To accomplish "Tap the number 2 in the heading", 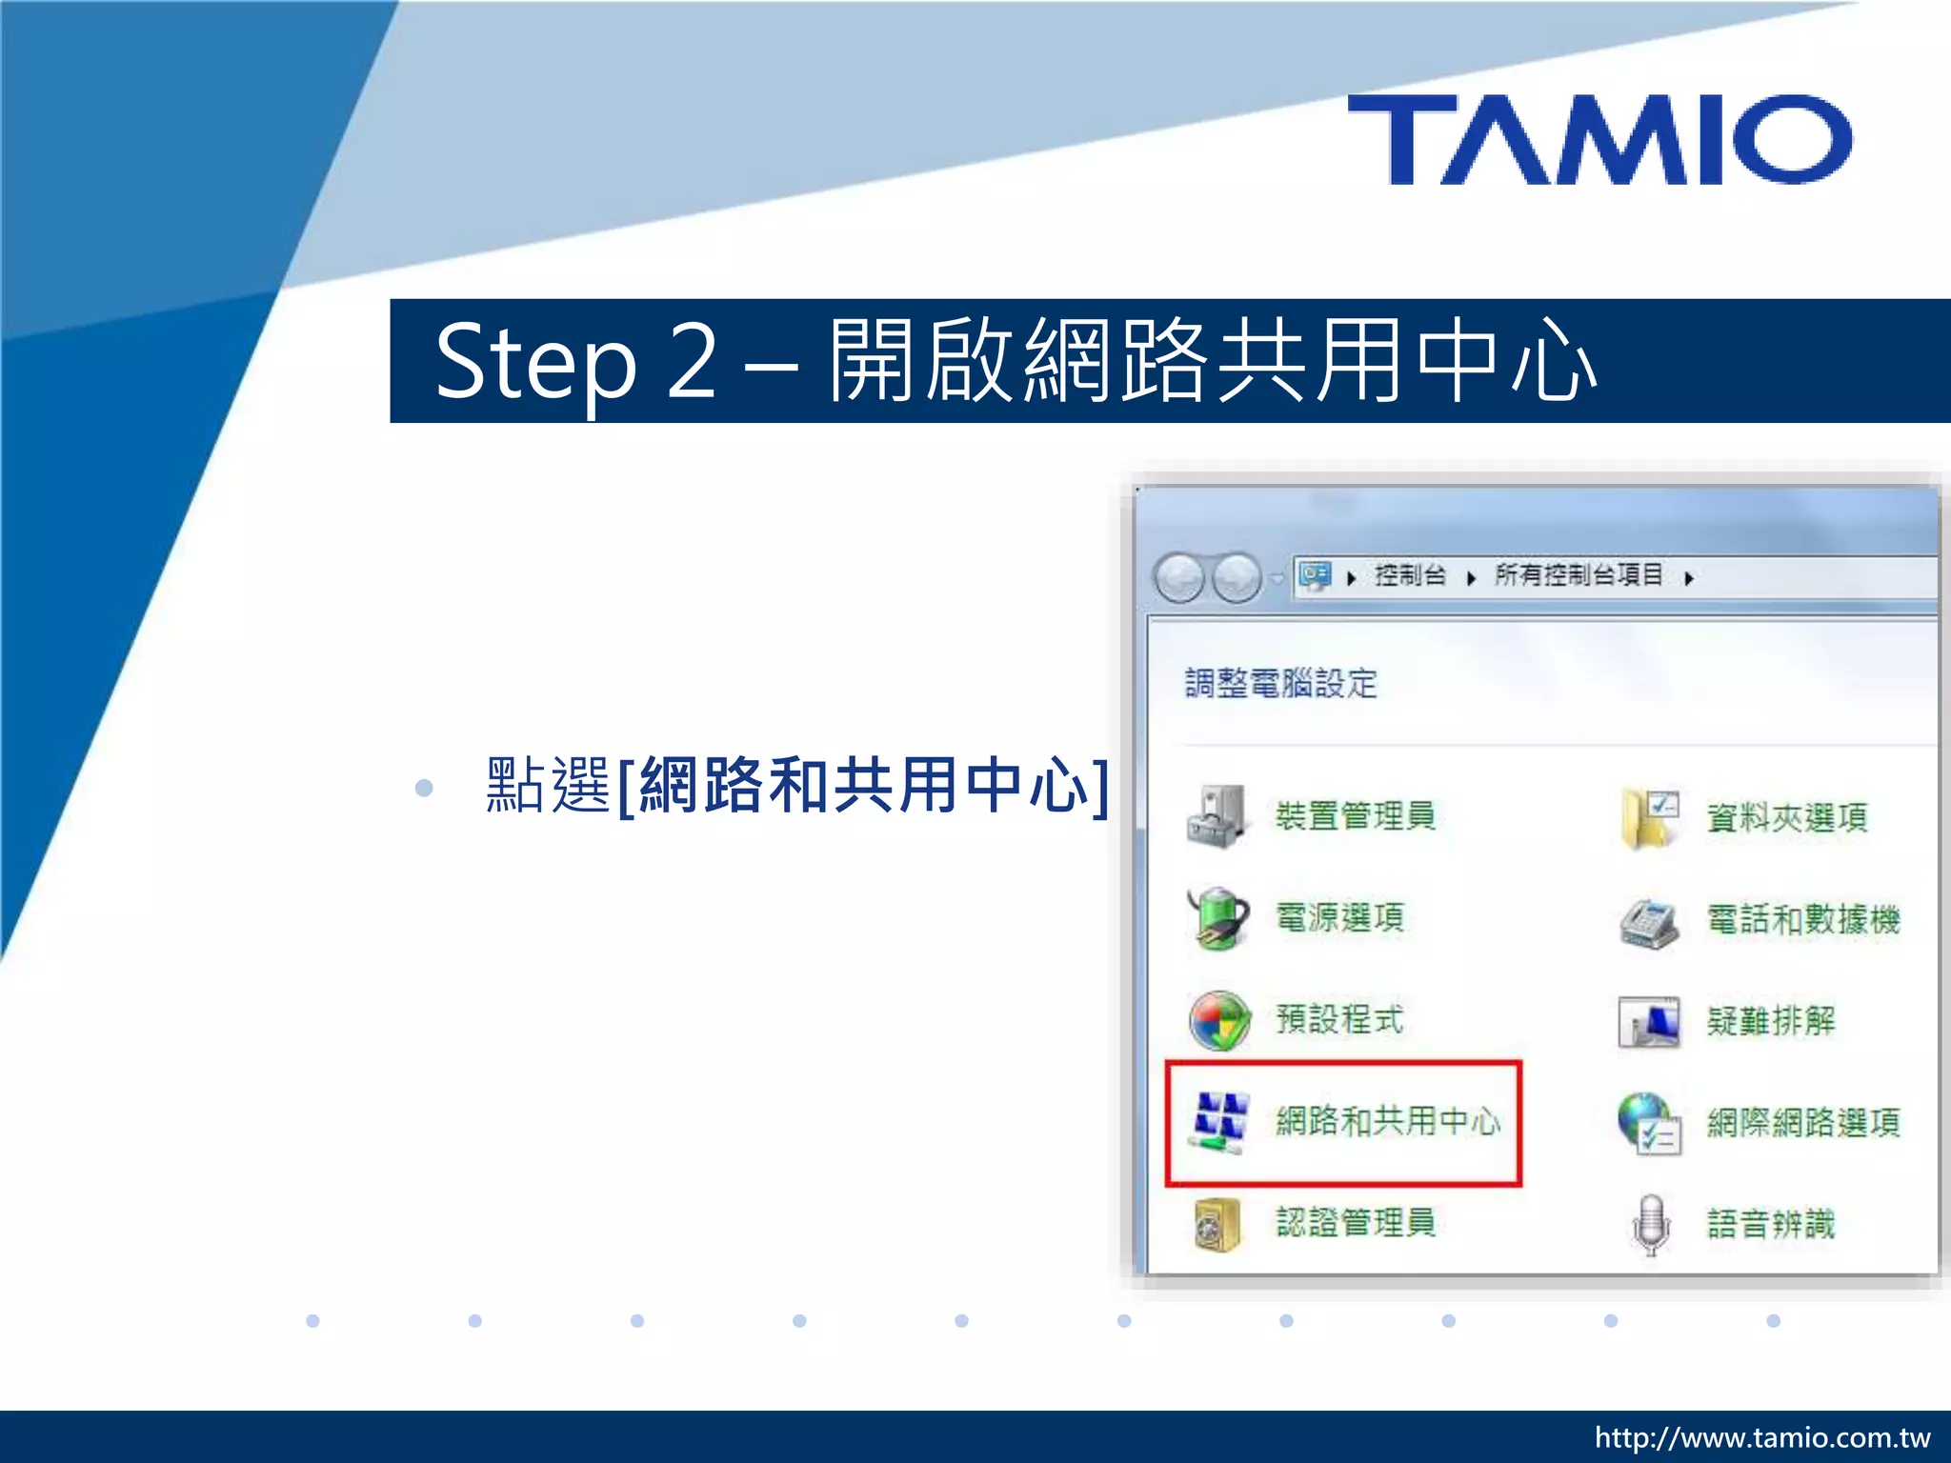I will pos(692,361).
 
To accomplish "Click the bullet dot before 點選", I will pos(424,788).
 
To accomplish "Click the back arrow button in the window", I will pos(1179,577).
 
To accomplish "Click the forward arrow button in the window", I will pos(1237,577).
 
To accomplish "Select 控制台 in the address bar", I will pos(1410,575).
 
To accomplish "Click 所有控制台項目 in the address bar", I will pos(1579,575).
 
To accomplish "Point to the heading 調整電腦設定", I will pos(1280,683).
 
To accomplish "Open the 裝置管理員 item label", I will pos(1355,816).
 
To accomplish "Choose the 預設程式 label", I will pos(1339,1019).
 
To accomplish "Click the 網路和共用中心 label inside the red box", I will pos(1388,1121).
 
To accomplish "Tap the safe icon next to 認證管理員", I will pos(1217,1224).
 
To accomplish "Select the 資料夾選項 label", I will pos(1786,817).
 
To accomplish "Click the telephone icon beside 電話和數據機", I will pos(1649,921).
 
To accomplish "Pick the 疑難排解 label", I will pos(1770,1021).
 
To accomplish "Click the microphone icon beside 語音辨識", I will pos(1651,1224).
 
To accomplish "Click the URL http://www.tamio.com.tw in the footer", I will pos(1761,1437).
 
